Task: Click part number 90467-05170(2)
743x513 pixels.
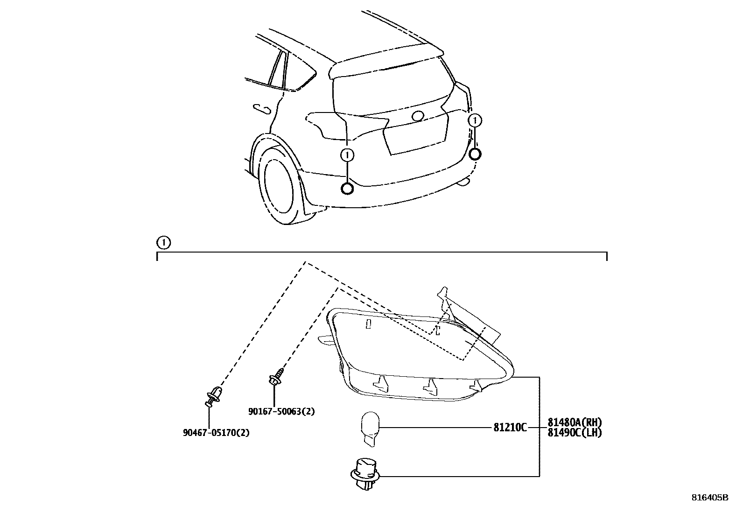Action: tap(216, 433)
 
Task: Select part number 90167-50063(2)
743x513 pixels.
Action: tap(281, 412)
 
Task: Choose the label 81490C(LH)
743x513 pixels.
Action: tap(574, 433)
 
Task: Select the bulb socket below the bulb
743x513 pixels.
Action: tap(365, 473)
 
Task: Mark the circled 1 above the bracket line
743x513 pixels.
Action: tap(163, 243)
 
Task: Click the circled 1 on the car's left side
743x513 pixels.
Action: tap(347, 155)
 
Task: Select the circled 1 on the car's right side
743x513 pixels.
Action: tap(475, 121)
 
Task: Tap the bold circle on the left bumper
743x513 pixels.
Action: tap(347, 189)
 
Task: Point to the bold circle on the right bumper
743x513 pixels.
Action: tap(475, 154)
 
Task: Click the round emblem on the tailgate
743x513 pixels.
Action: tap(418, 116)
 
